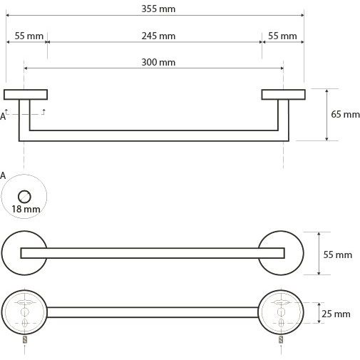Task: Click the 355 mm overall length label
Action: click(158, 9)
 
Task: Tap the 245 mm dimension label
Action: click(158, 36)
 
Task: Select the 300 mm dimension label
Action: click(158, 63)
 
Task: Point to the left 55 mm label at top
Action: click(29, 36)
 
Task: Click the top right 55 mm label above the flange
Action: click(282, 36)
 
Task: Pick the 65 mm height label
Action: click(345, 114)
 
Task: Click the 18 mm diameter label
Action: click(26, 209)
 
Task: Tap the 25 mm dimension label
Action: click(336, 314)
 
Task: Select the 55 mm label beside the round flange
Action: click(338, 254)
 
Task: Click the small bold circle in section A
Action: click(24, 197)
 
